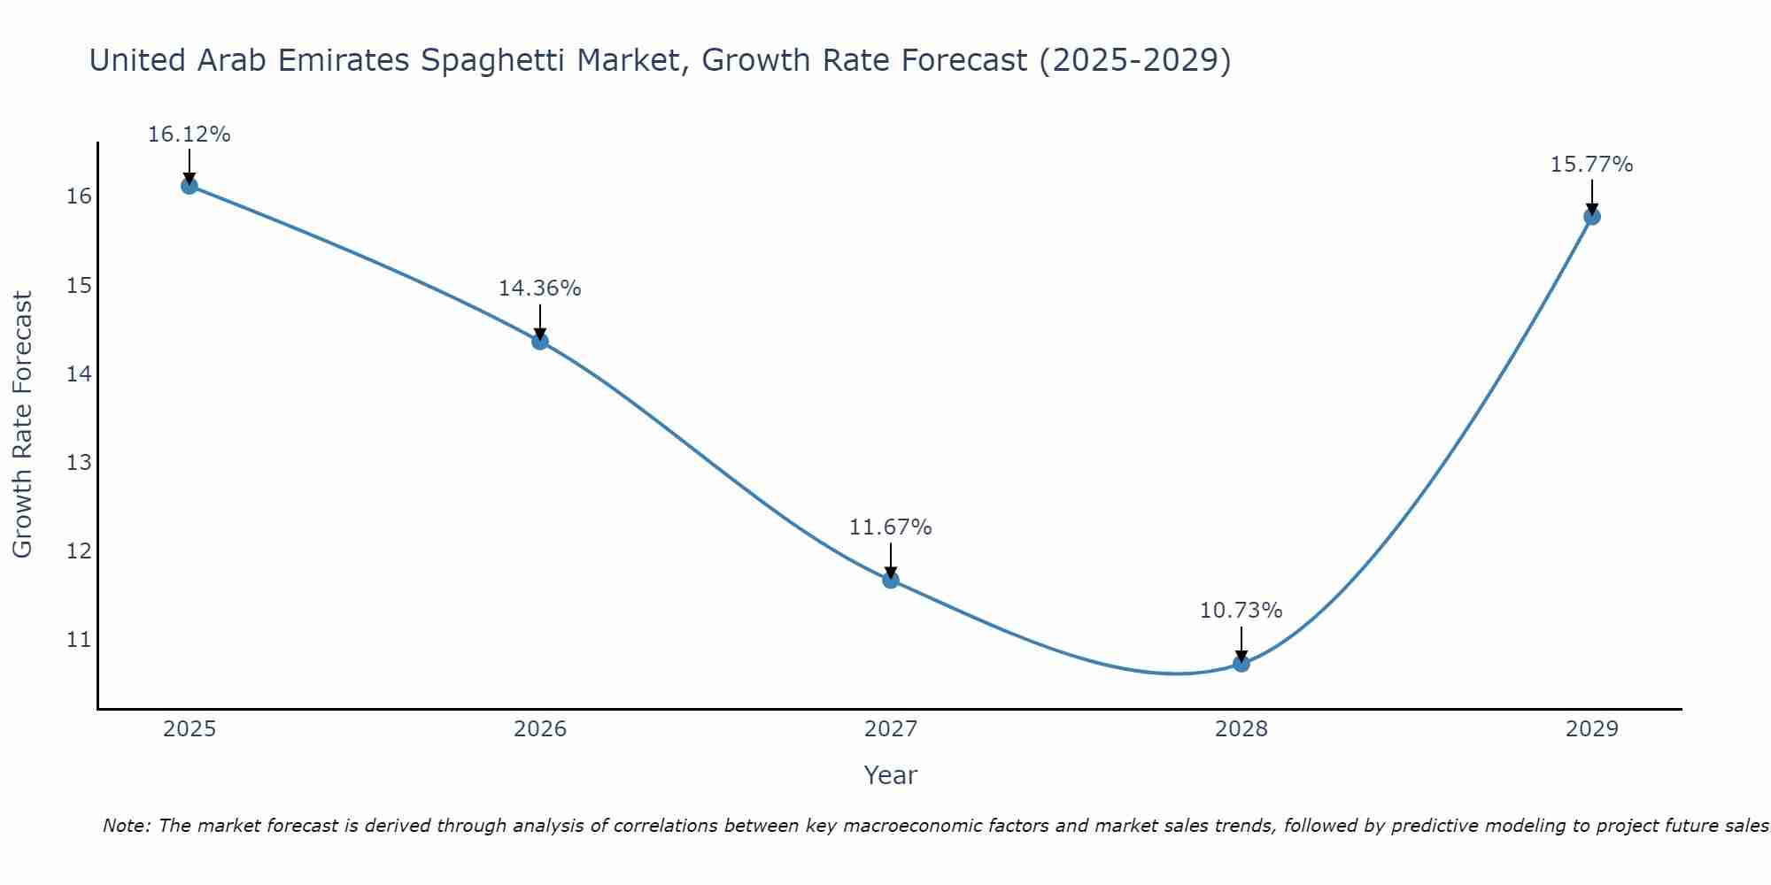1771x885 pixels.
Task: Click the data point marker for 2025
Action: point(189,186)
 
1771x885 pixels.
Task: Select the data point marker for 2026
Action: point(540,342)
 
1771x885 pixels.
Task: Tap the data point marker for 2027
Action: point(891,580)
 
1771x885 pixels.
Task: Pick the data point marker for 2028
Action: point(1241,663)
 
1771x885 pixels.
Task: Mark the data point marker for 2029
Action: point(1591,216)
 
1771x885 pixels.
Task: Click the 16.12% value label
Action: point(189,135)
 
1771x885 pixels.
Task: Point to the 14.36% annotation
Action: point(539,289)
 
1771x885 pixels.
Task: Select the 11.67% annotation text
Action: point(890,527)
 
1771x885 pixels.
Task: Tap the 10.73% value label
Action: point(1241,611)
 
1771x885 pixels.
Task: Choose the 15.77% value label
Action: point(1591,165)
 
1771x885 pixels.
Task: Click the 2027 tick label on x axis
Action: point(891,729)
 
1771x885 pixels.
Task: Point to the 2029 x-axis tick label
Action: point(1591,729)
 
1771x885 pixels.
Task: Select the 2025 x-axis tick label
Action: point(189,729)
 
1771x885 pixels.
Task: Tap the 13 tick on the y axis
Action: point(79,462)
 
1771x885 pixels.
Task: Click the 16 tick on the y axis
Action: point(79,196)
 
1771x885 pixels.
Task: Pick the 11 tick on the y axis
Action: point(79,639)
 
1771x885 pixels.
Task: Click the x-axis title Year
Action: point(890,775)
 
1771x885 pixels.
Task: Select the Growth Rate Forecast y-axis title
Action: point(23,425)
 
